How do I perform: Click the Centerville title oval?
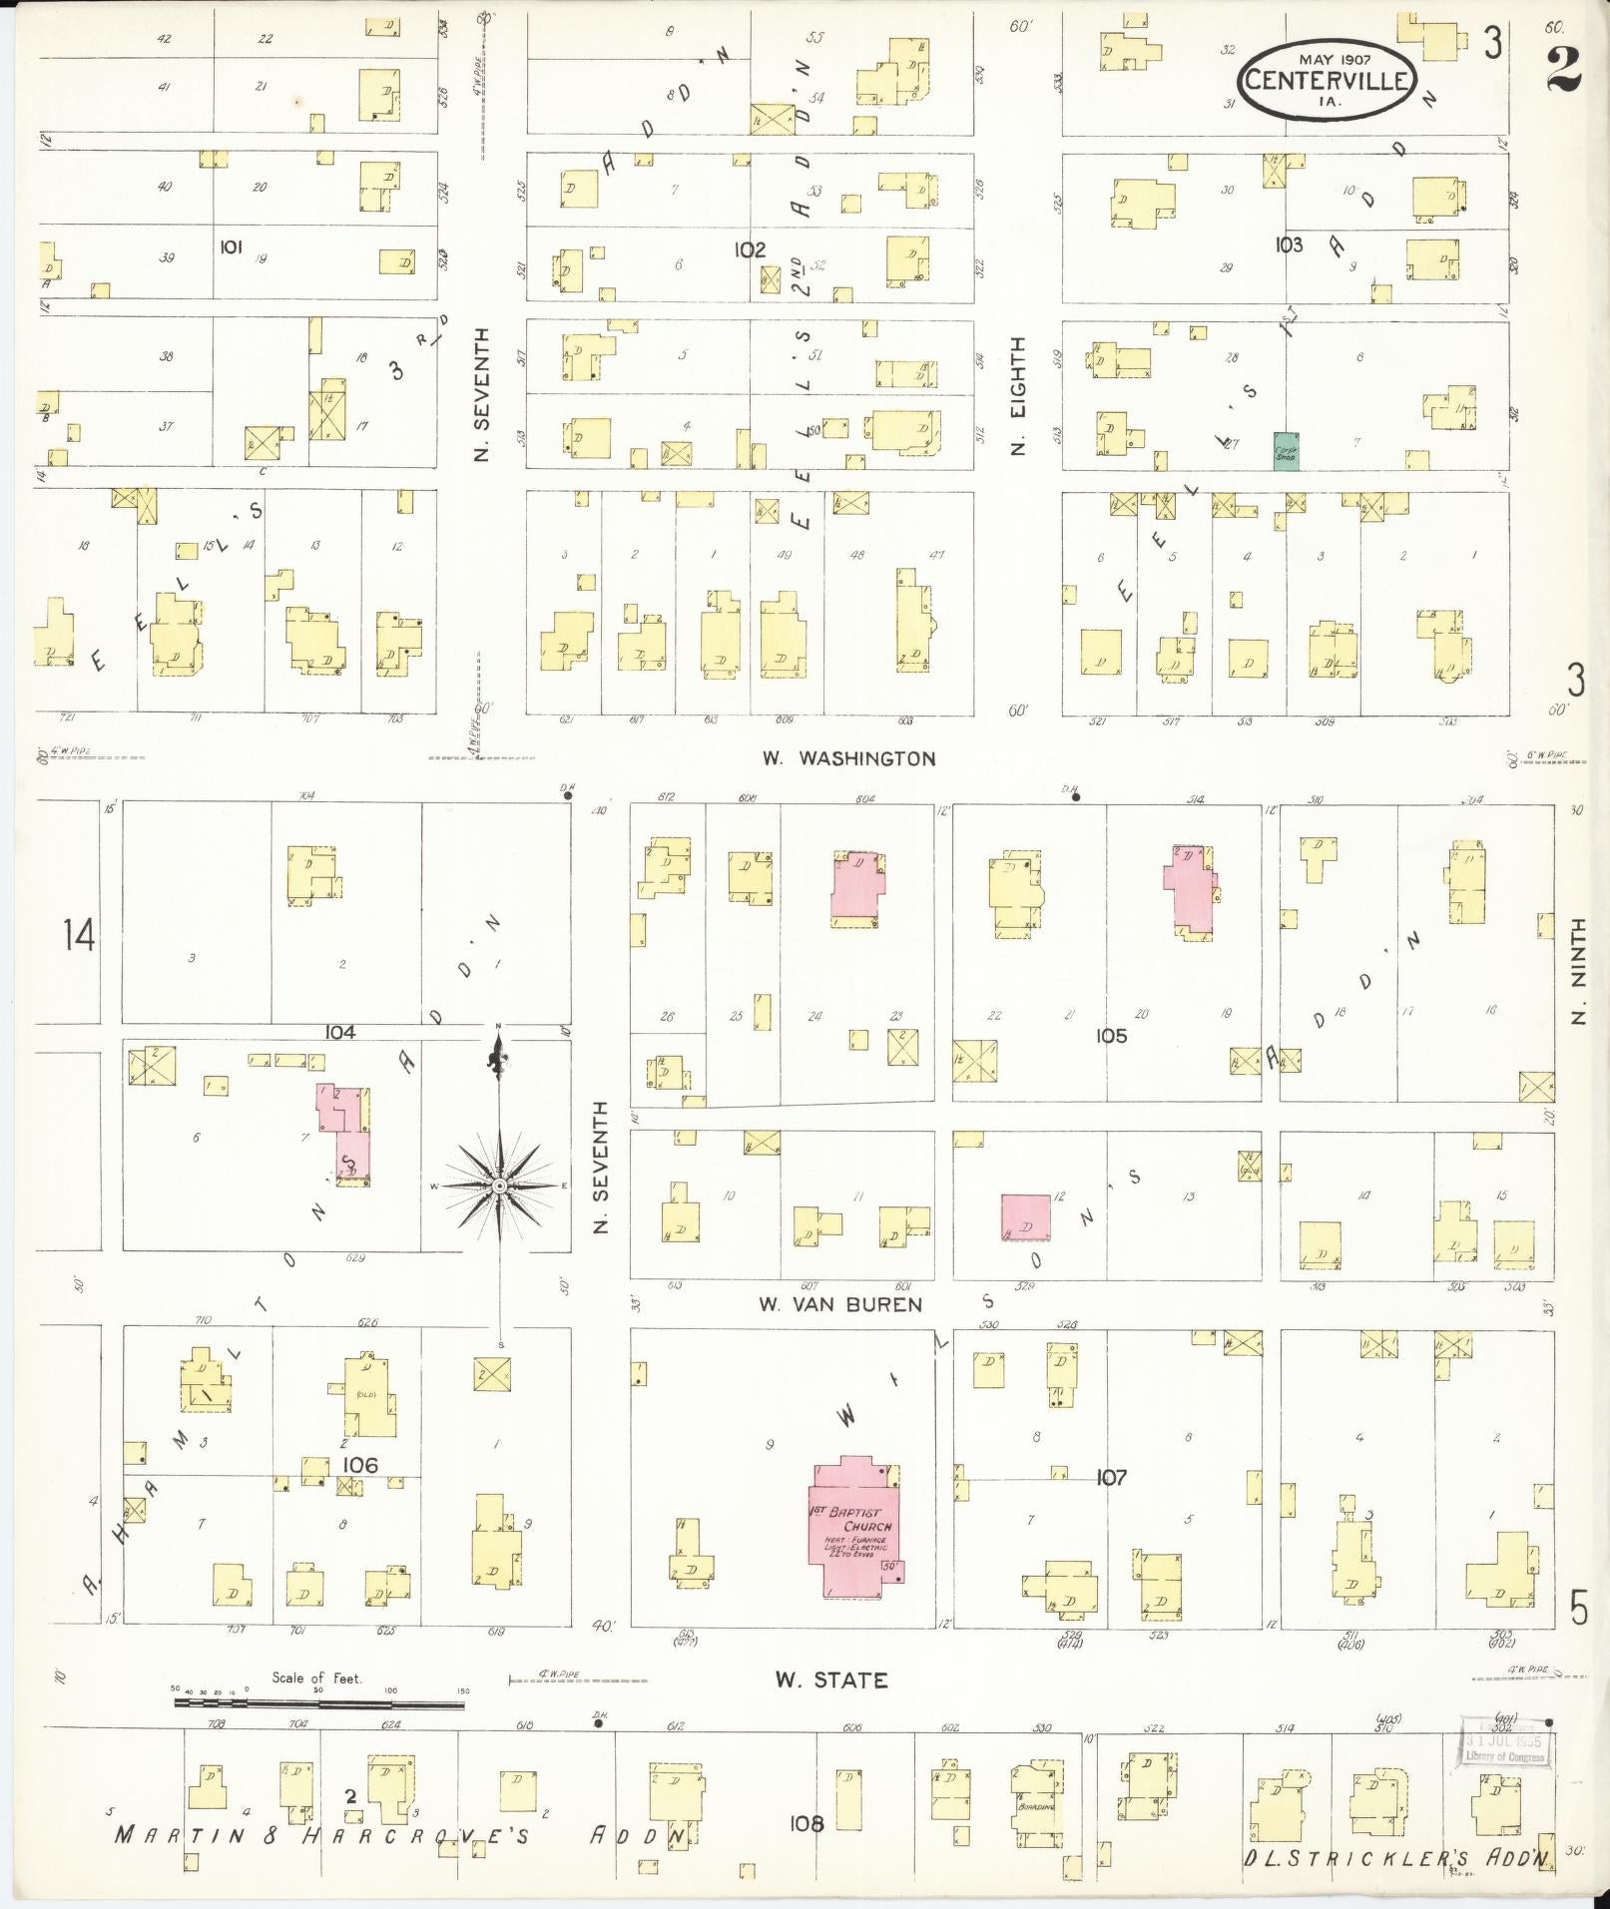click(1328, 79)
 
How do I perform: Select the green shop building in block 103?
click(1286, 451)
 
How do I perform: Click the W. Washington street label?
click(848, 758)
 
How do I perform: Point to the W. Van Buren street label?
click(839, 1304)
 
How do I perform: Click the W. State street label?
click(831, 1680)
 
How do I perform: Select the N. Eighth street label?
click(1018, 395)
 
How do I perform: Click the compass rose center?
click(498, 1186)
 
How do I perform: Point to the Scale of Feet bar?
click(319, 1704)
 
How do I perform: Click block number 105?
click(1110, 1036)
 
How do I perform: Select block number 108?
click(806, 1824)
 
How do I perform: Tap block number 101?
click(231, 246)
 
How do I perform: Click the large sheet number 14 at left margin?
click(78, 936)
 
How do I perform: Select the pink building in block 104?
click(346, 1135)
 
